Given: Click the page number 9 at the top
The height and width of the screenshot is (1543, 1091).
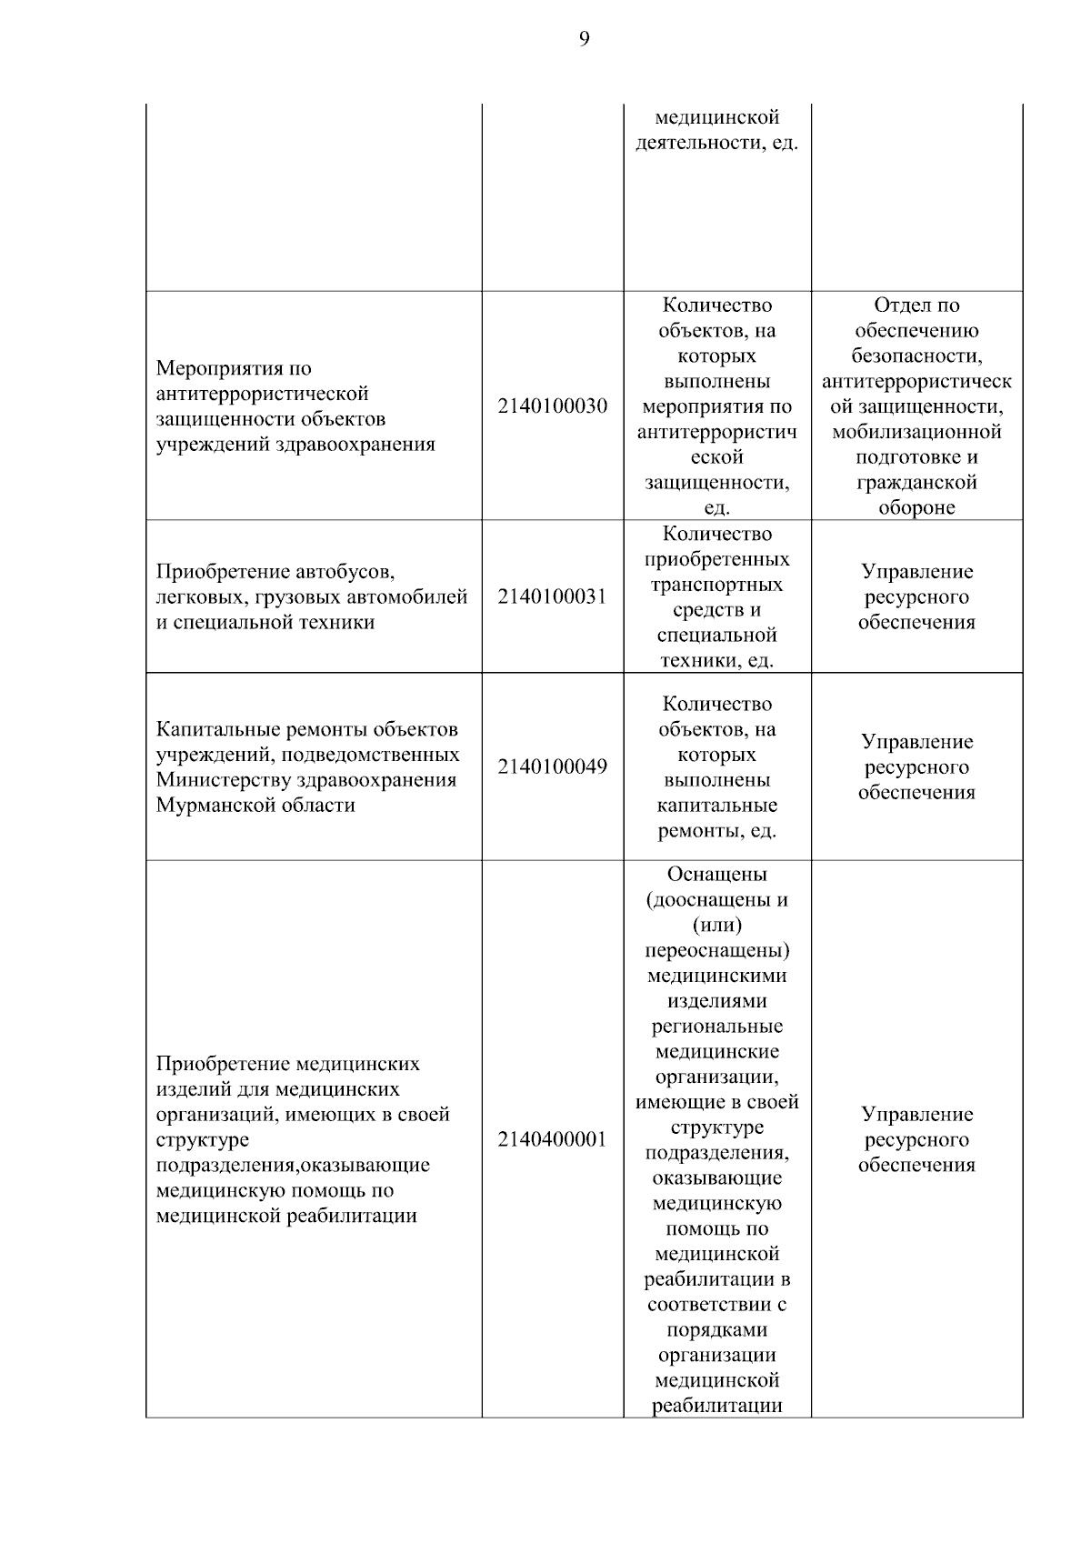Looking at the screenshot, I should coord(584,38).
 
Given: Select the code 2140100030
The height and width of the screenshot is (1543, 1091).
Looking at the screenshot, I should coord(552,406).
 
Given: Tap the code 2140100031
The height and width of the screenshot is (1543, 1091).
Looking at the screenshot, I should coord(552,597).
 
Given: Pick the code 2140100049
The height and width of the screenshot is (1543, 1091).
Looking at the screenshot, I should coord(552,766).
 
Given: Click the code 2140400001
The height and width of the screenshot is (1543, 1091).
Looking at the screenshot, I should coord(552,1140).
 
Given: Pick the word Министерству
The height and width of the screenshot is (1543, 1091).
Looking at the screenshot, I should coord(223,780).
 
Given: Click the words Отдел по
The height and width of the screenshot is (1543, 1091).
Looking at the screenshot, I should coord(916,306).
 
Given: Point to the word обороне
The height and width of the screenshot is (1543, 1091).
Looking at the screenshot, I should coord(916,508).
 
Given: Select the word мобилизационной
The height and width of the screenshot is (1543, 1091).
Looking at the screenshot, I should coord(916,432).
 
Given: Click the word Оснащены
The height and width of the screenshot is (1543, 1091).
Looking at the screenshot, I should coord(717,875).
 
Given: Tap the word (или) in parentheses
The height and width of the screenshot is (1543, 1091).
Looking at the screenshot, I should coord(717,926).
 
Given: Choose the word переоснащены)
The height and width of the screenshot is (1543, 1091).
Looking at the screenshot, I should coord(717,951).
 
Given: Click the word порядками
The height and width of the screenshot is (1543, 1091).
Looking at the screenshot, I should coord(717,1330).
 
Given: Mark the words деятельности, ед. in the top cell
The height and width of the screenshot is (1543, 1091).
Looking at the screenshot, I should coord(717,143).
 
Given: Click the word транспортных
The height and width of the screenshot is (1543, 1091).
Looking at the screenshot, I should coord(717,585).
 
